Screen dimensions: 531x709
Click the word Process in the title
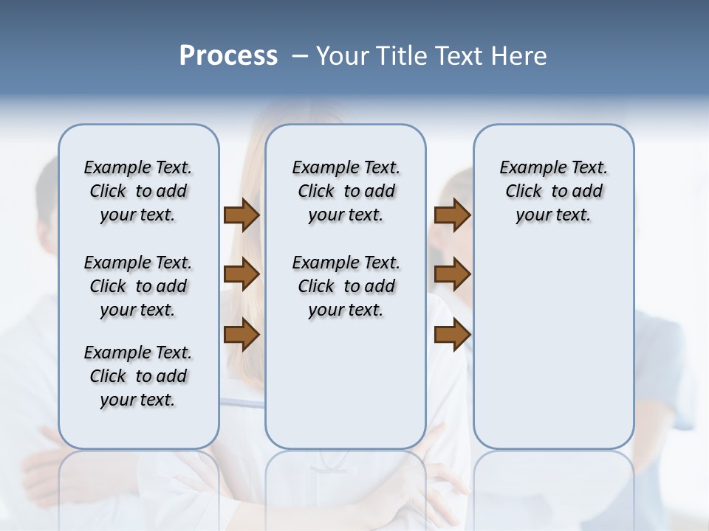click(228, 56)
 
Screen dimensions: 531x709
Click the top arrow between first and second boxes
click(242, 215)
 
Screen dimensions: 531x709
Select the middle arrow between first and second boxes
click(242, 275)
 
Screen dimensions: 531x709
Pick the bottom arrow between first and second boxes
click(242, 335)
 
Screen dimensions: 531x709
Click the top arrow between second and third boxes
click(452, 215)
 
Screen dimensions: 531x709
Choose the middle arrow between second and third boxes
click(452, 275)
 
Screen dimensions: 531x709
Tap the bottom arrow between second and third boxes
click(452, 335)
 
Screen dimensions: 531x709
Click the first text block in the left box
click(138, 191)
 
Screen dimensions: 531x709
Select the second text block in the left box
click(138, 286)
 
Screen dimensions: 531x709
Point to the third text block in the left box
click(138, 376)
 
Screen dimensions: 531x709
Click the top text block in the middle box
click(346, 191)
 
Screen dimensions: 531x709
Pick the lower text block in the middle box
click(346, 286)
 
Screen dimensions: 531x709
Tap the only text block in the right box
click(553, 191)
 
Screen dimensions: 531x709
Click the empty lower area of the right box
click(553, 339)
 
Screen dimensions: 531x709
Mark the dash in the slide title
click(300, 56)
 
